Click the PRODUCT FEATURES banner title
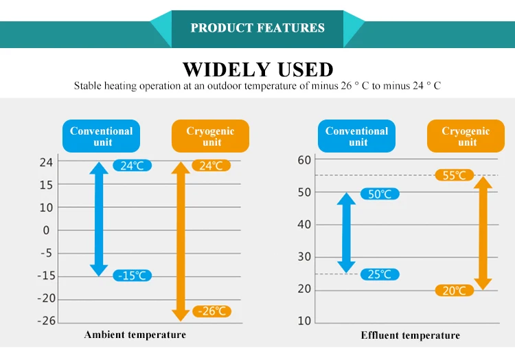(x=257, y=28)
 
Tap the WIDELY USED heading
(x=257, y=69)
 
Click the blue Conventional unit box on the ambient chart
(x=101, y=136)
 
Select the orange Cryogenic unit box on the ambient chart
(x=210, y=136)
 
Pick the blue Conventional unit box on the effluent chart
(x=357, y=136)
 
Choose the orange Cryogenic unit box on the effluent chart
(x=466, y=136)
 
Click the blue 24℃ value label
(x=132, y=166)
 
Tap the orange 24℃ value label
(x=211, y=166)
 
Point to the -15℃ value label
(x=133, y=275)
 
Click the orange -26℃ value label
(x=212, y=311)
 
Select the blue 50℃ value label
(x=380, y=194)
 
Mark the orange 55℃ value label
(x=455, y=175)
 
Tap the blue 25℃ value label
(x=380, y=275)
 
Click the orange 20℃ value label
(x=455, y=291)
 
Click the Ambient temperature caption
(x=135, y=335)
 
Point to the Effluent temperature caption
(x=411, y=335)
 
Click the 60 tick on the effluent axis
(x=304, y=160)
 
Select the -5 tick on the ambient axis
(x=46, y=253)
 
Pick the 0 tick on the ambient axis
(x=47, y=230)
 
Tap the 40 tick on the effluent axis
(x=304, y=225)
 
